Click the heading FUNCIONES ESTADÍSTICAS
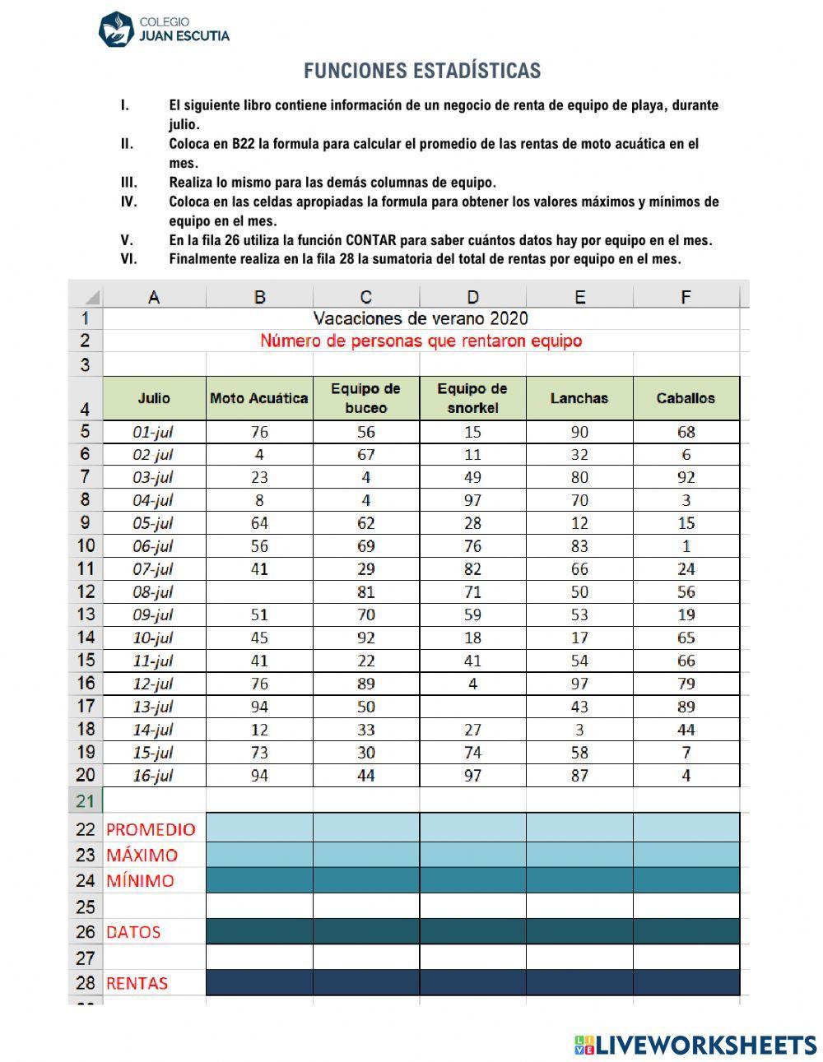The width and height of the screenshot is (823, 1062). coord(422,71)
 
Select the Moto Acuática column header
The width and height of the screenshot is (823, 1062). coord(259,398)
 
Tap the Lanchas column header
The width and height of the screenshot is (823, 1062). coord(579,398)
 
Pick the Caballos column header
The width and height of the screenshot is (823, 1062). coord(686,398)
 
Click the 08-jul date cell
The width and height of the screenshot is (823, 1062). coord(154,591)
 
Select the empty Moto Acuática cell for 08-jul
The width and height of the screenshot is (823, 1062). coord(259,591)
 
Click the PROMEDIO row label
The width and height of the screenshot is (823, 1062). coord(151,829)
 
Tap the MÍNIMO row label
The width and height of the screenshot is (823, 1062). coord(141,880)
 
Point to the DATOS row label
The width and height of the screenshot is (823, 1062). coord(133,932)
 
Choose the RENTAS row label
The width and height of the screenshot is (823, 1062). coord(137,983)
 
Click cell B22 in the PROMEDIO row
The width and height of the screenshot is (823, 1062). coord(259,828)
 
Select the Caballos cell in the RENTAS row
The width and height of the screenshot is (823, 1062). coord(686,982)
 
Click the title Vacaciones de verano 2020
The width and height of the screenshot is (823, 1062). coord(421,318)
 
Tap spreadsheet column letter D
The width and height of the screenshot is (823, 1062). coord(472,297)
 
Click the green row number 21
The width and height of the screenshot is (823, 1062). coord(86,800)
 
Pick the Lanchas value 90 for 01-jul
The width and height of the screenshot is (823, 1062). coord(579,432)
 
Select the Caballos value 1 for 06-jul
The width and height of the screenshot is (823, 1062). coord(686,546)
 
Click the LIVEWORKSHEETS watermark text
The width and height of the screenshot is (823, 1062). coord(705,1045)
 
